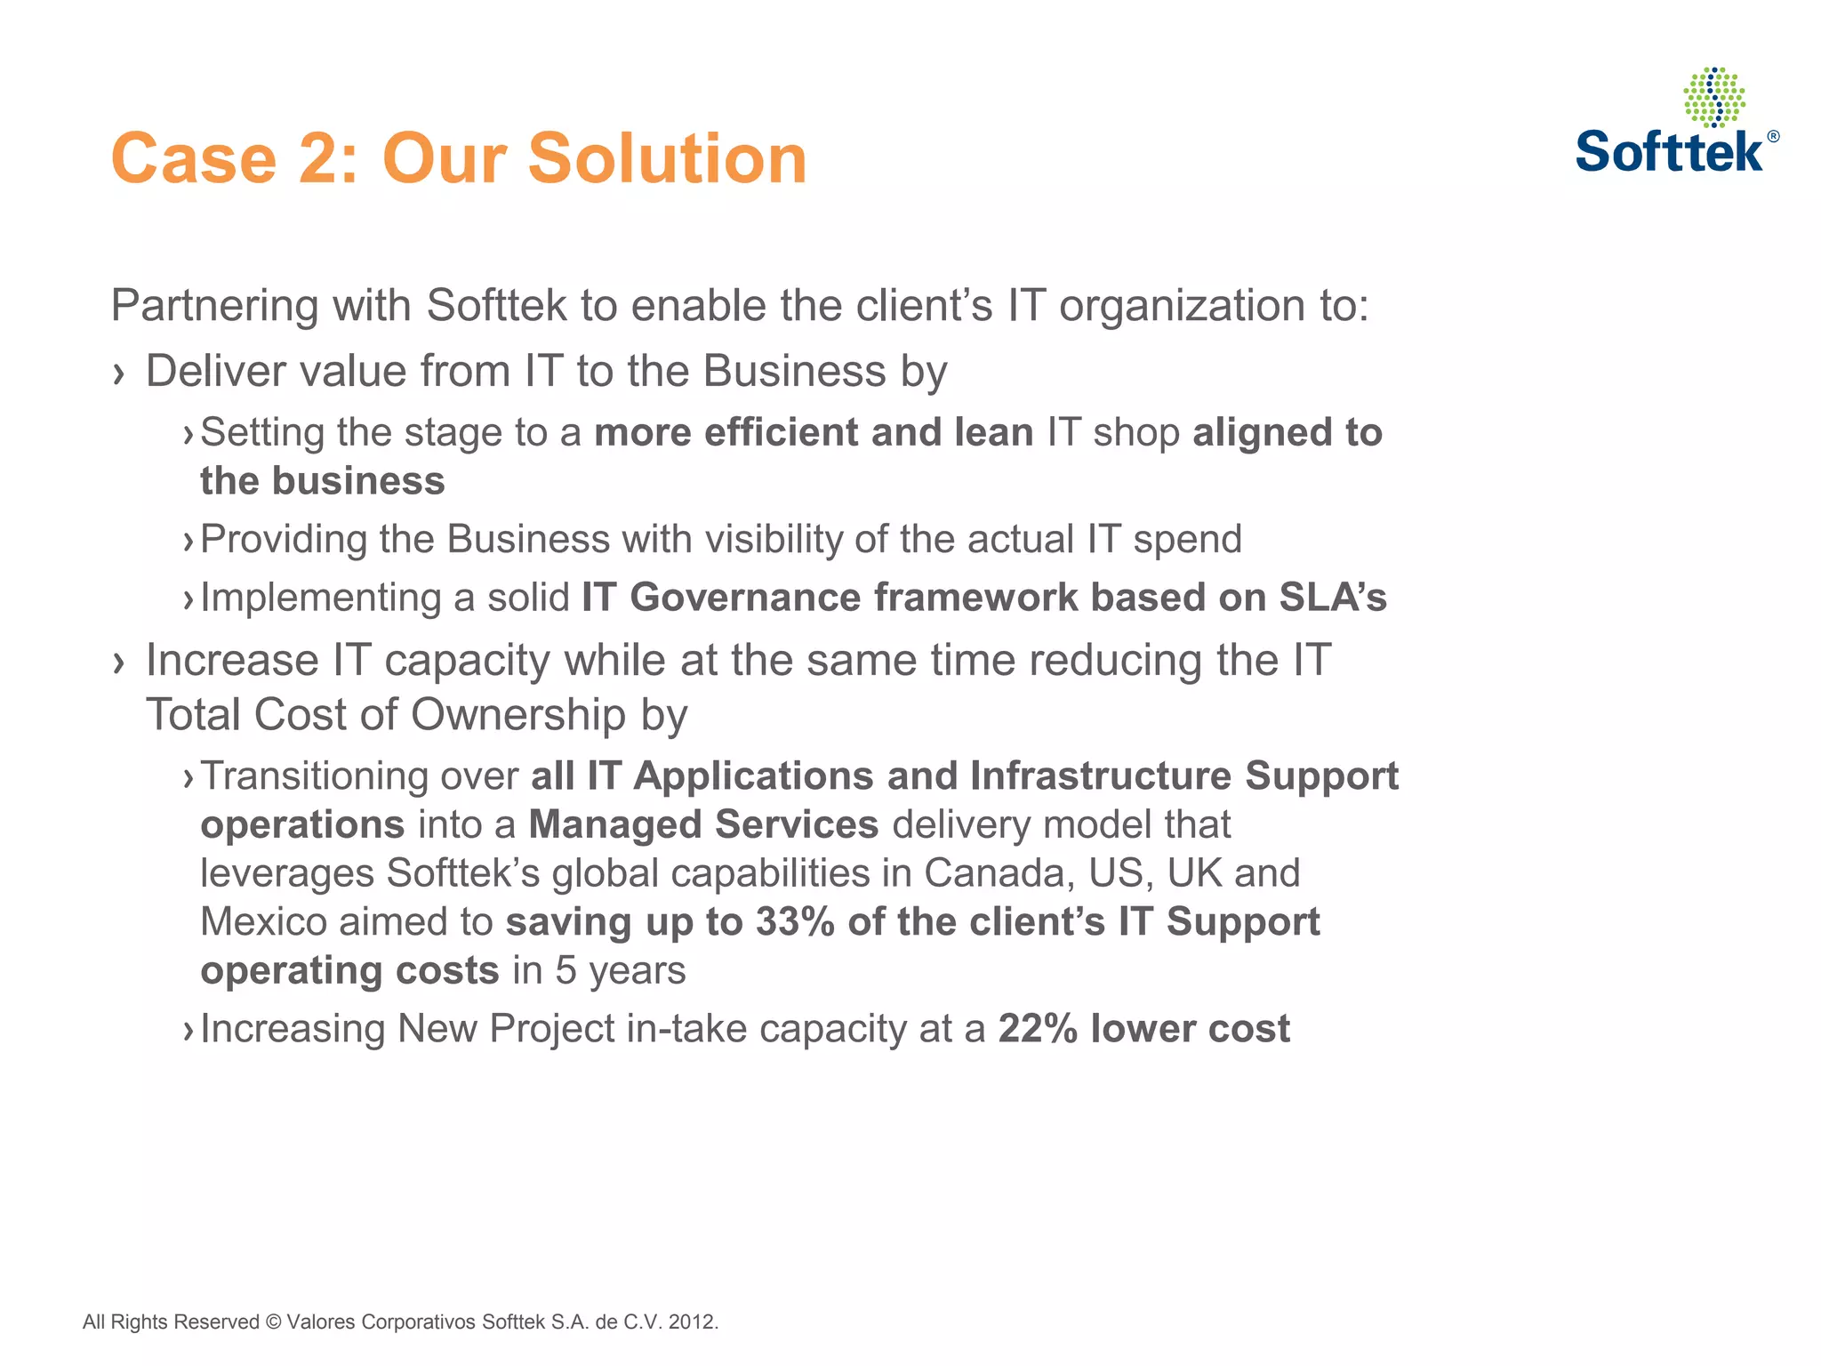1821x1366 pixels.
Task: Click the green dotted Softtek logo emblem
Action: (x=1713, y=97)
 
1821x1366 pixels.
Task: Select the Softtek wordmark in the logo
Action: (x=1669, y=152)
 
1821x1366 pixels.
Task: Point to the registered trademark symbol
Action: (x=1773, y=136)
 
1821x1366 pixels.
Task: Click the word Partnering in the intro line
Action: (x=213, y=307)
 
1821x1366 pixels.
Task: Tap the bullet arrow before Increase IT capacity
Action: (x=119, y=663)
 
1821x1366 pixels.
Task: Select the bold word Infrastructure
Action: (x=1100, y=775)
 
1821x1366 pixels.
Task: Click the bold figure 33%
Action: (x=794, y=921)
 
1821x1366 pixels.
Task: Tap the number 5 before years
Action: (x=566, y=970)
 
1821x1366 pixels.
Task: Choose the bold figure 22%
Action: (x=1038, y=1029)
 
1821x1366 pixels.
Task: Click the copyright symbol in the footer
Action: (x=272, y=1322)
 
